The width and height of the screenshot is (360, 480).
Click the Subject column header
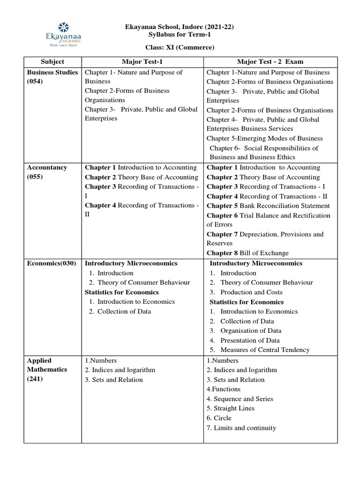[x=52, y=62]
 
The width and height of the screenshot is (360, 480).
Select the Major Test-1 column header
[x=142, y=62]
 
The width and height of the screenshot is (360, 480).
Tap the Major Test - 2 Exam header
[x=270, y=62]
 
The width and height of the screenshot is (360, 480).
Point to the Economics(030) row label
[x=52, y=263]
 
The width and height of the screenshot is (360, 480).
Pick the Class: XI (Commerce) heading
[x=180, y=47]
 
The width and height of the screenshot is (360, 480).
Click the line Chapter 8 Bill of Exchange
[x=247, y=253]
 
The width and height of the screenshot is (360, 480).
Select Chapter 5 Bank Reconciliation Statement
[x=268, y=206]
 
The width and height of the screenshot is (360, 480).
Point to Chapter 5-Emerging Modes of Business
[x=264, y=139]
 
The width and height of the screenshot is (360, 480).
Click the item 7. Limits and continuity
[x=241, y=427]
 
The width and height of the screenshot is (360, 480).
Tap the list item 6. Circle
[x=219, y=418]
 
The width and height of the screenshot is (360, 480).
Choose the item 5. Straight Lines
[x=231, y=408]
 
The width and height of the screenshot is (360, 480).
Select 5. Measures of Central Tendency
[x=259, y=350]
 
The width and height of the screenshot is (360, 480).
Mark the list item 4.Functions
[x=224, y=389]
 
